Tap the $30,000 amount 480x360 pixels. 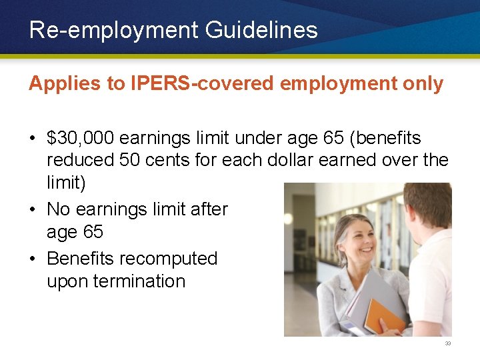coord(79,138)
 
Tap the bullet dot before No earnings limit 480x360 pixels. coord(33,210)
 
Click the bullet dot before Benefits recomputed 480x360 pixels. coord(33,259)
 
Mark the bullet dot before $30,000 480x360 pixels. coord(33,139)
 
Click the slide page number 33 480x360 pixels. coord(448,344)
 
